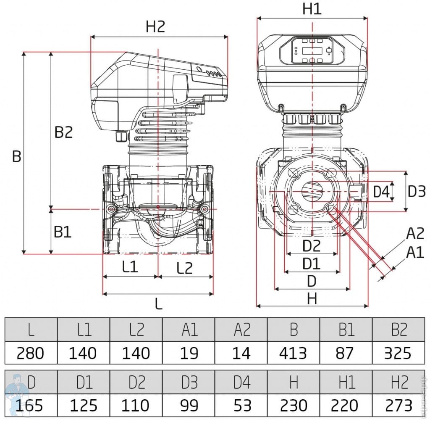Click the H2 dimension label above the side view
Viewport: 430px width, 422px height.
155,27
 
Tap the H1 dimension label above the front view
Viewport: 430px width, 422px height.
312,8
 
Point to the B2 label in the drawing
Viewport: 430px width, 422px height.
63,132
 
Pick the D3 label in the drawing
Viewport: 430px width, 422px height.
417,192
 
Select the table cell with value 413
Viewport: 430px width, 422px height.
294,353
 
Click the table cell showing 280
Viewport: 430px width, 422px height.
30,353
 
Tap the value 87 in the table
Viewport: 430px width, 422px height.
346,353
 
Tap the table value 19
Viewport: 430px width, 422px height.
189,353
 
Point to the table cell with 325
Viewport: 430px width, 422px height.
399,353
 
